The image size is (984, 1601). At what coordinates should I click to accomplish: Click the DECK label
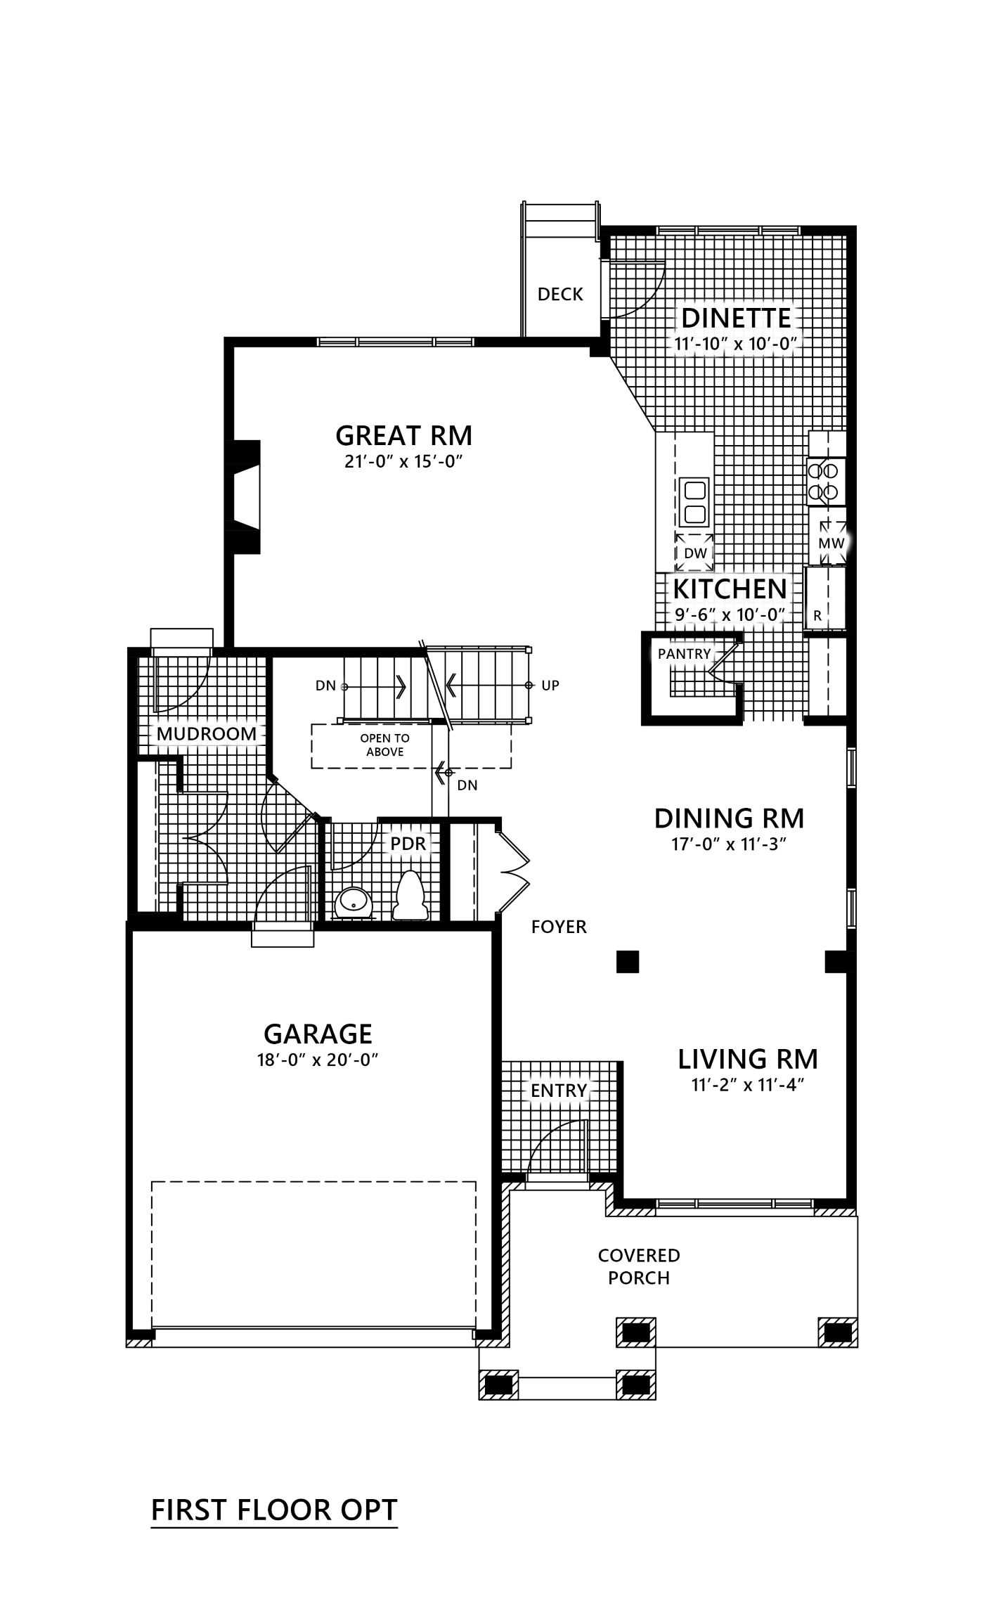[x=560, y=294]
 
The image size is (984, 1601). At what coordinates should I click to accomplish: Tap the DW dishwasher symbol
[x=694, y=552]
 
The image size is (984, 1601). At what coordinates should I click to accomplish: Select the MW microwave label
[x=831, y=543]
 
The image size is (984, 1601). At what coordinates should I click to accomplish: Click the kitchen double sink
[x=694, y=501]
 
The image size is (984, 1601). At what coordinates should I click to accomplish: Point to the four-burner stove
[x=827, y=482]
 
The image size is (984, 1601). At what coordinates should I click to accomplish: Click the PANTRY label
[x=684, y=654]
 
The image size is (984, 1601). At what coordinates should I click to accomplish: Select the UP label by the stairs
[x=550, y=685]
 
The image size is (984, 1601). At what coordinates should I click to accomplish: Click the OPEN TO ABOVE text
[x=385, y=745]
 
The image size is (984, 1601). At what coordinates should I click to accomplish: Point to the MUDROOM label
[x=207, y=734]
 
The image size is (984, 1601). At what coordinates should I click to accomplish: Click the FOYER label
[x=559, y=927]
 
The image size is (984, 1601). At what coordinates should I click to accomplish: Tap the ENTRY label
[x=559, y=1091]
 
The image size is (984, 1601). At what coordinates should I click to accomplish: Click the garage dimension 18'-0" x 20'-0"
[x=318, y=1060]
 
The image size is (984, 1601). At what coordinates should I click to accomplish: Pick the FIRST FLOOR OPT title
[x=275, y=1510]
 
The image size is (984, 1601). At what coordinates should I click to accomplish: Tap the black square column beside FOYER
[x=628, y=961]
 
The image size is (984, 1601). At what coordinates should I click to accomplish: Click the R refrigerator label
[x=817, y=615]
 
